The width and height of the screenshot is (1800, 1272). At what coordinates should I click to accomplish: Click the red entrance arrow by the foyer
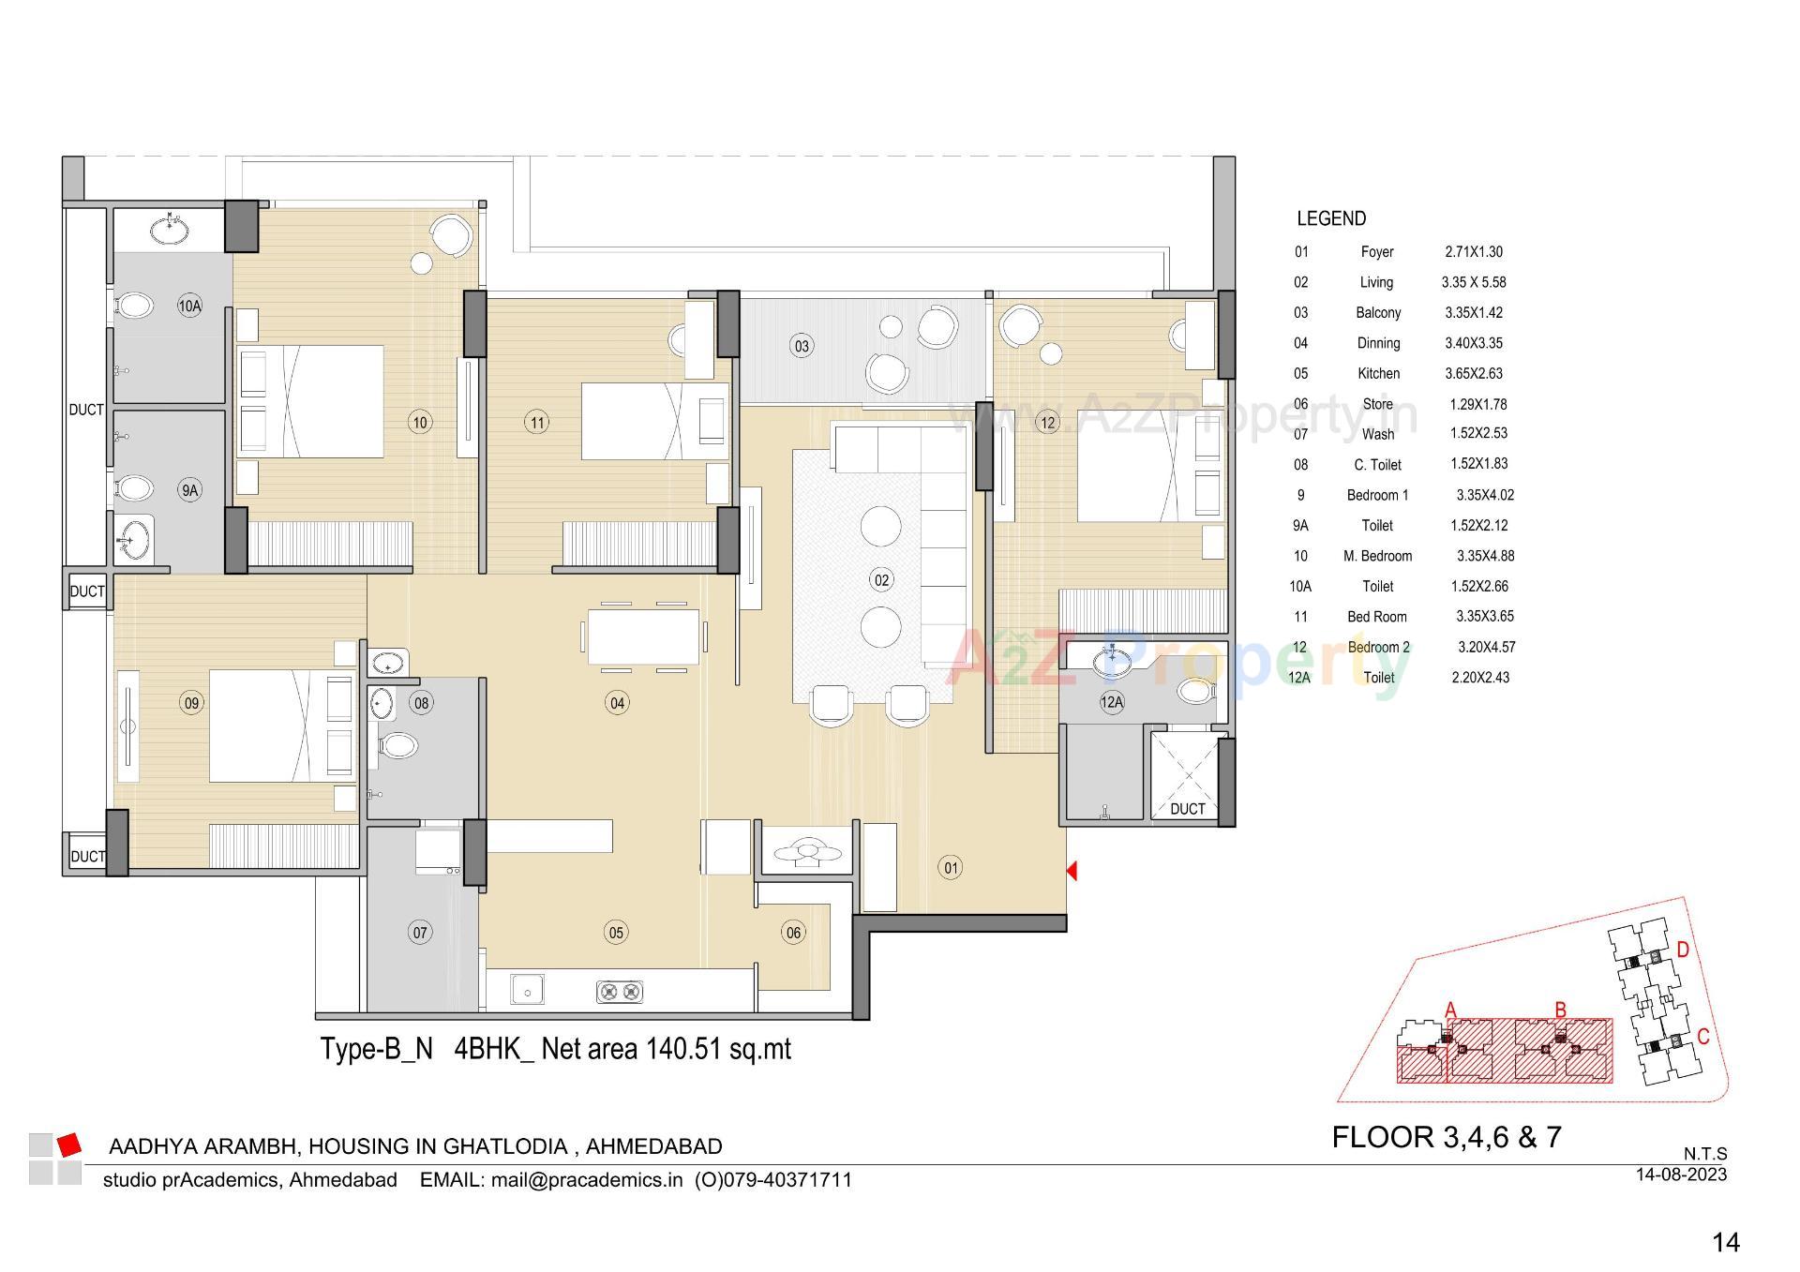tap(1072, 871)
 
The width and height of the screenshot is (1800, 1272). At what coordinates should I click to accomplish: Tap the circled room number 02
tap(881, 580)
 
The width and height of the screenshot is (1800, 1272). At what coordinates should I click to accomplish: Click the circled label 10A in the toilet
tap(189, 306)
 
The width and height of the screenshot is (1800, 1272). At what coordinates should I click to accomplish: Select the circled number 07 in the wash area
tap(420, 932)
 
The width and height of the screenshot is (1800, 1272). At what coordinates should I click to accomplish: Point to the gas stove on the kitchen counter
tap(620, 991)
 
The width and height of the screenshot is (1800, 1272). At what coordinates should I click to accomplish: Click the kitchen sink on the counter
tap(527, 990)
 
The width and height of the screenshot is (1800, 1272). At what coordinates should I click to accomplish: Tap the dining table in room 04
tap(643, 636)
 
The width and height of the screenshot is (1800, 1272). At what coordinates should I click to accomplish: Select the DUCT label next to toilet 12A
tap(1187, 808)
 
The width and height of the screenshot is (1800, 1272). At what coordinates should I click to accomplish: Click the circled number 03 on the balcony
tap(802, 346)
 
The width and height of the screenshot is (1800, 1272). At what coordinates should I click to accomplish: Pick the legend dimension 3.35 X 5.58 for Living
tap(1474, 282)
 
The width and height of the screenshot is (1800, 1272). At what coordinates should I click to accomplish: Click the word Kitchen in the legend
tap(1378, 373)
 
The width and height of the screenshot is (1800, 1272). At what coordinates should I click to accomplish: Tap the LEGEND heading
tap(1331, 218)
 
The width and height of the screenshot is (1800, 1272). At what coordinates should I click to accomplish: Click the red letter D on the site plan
tap(1683, 950)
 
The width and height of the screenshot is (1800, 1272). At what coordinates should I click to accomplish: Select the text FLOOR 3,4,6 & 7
tap(1447, 1137)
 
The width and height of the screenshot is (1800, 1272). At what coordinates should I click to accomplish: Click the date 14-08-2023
tap(1681, 1174)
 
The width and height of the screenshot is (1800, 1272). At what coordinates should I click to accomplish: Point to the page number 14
tap(1725, 1243)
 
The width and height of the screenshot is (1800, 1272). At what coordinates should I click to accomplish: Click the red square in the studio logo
tap(68, 1145)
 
